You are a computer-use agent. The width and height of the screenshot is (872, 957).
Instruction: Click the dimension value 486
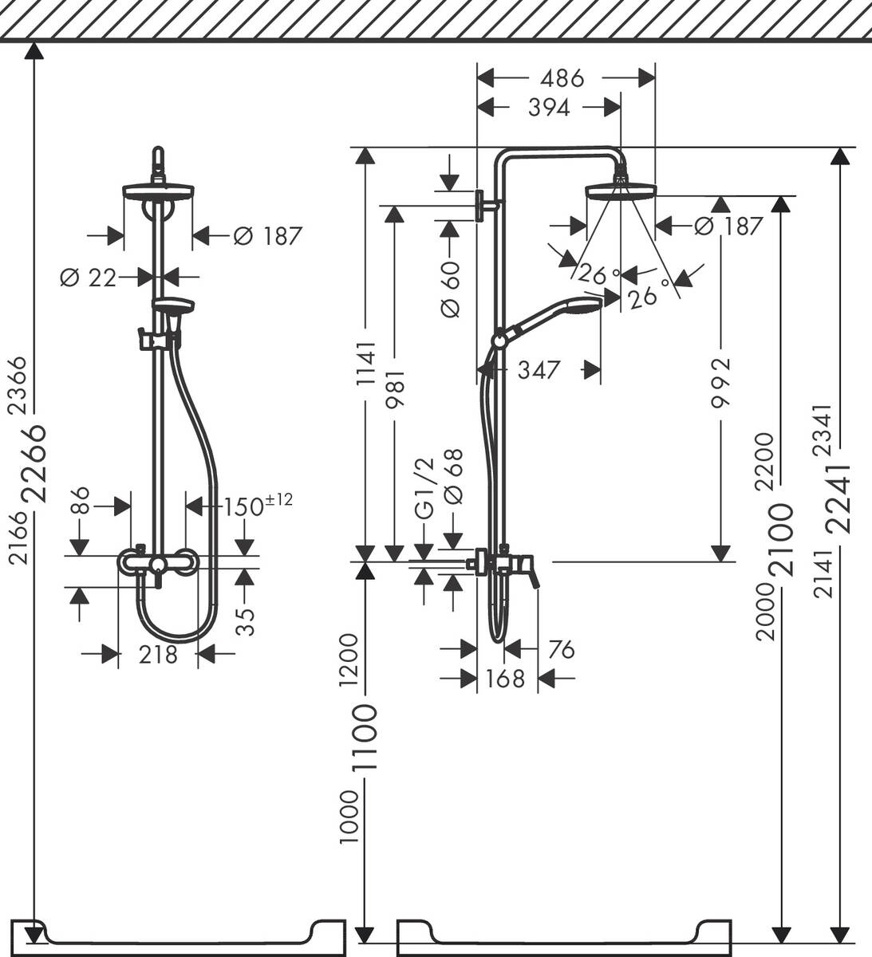(x=562, y=78)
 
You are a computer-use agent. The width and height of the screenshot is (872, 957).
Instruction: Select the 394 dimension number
(x=549, y=108)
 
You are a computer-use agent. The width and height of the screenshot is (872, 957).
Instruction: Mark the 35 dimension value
(x=248, y=620)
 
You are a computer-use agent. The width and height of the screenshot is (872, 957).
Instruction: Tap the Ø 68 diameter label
(x=452, y=488)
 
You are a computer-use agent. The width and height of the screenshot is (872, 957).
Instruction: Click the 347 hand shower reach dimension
(x=539, y=370)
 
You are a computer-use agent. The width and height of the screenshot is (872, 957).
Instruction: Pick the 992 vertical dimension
(x=720, y=383)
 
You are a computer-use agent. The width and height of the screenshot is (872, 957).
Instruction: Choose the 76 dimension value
(x=560, y=650)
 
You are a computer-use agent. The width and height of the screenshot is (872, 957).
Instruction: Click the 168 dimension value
(x=506, y=679)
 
